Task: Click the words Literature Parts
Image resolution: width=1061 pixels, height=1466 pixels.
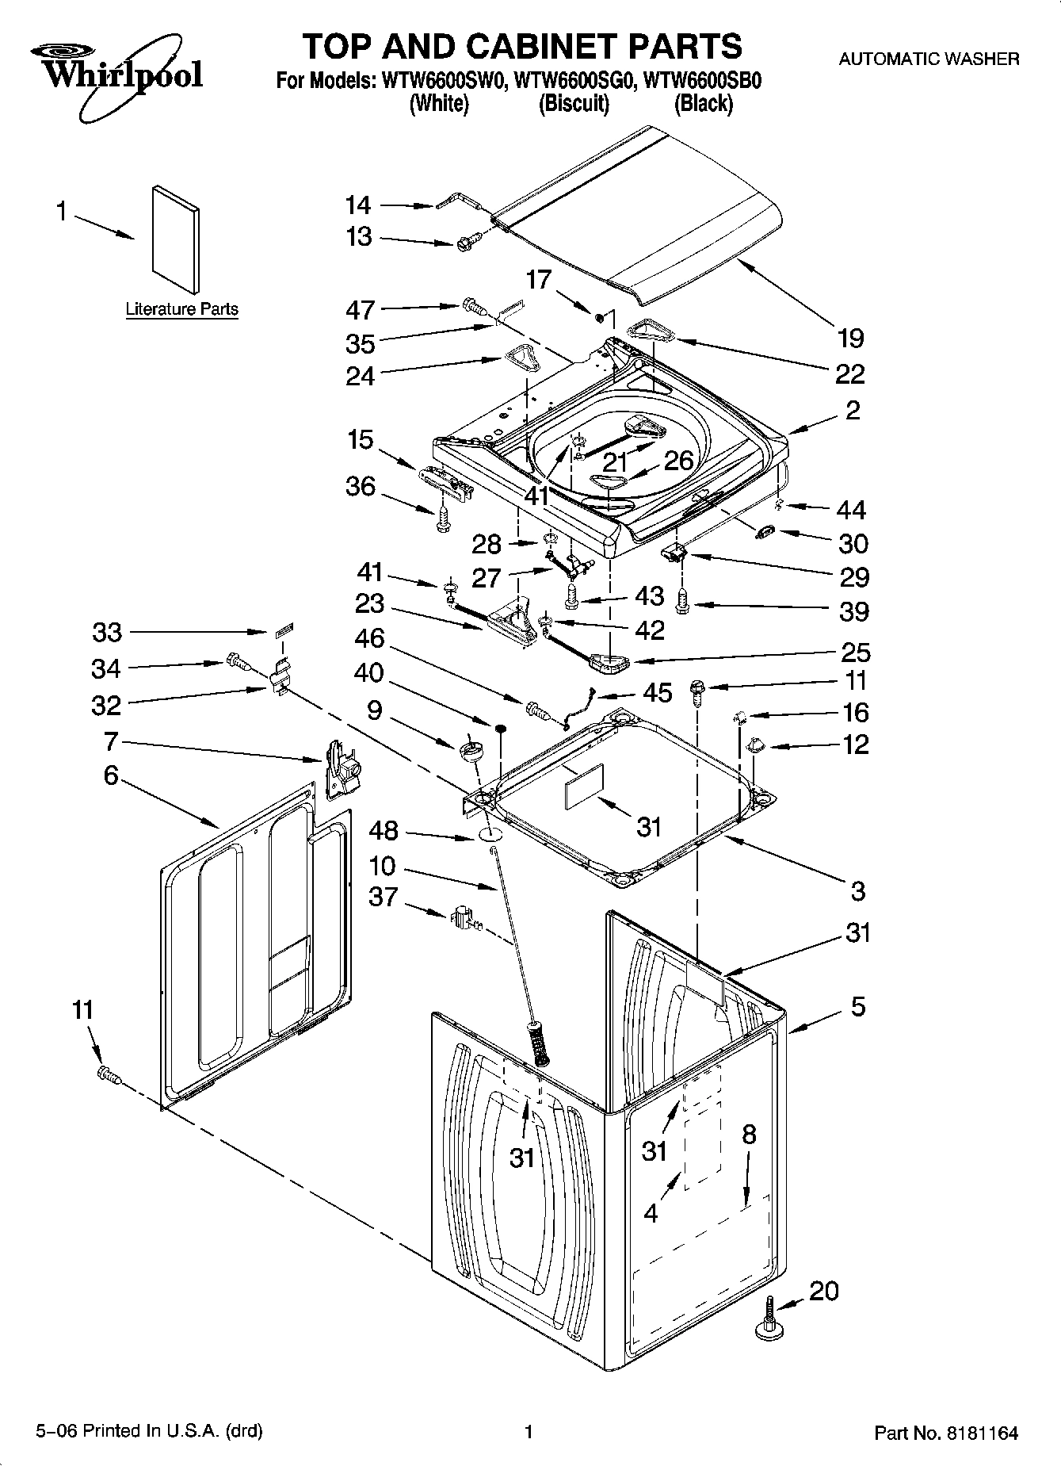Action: [x=181, y=309]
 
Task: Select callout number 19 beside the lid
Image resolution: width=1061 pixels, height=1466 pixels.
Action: [x=850, y=339]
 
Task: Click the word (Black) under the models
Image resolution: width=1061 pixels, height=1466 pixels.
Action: [x=703, y=104]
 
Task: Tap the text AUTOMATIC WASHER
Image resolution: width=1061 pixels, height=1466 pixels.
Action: [x=929, y=59]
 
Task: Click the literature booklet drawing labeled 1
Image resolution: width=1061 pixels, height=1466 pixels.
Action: [x=176, y=239]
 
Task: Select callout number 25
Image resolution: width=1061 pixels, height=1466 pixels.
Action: [x=854, y=653]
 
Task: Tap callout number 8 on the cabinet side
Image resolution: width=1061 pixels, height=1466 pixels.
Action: [x=749, y=1135]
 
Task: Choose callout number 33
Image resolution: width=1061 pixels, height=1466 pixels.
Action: [x=107, y=632]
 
